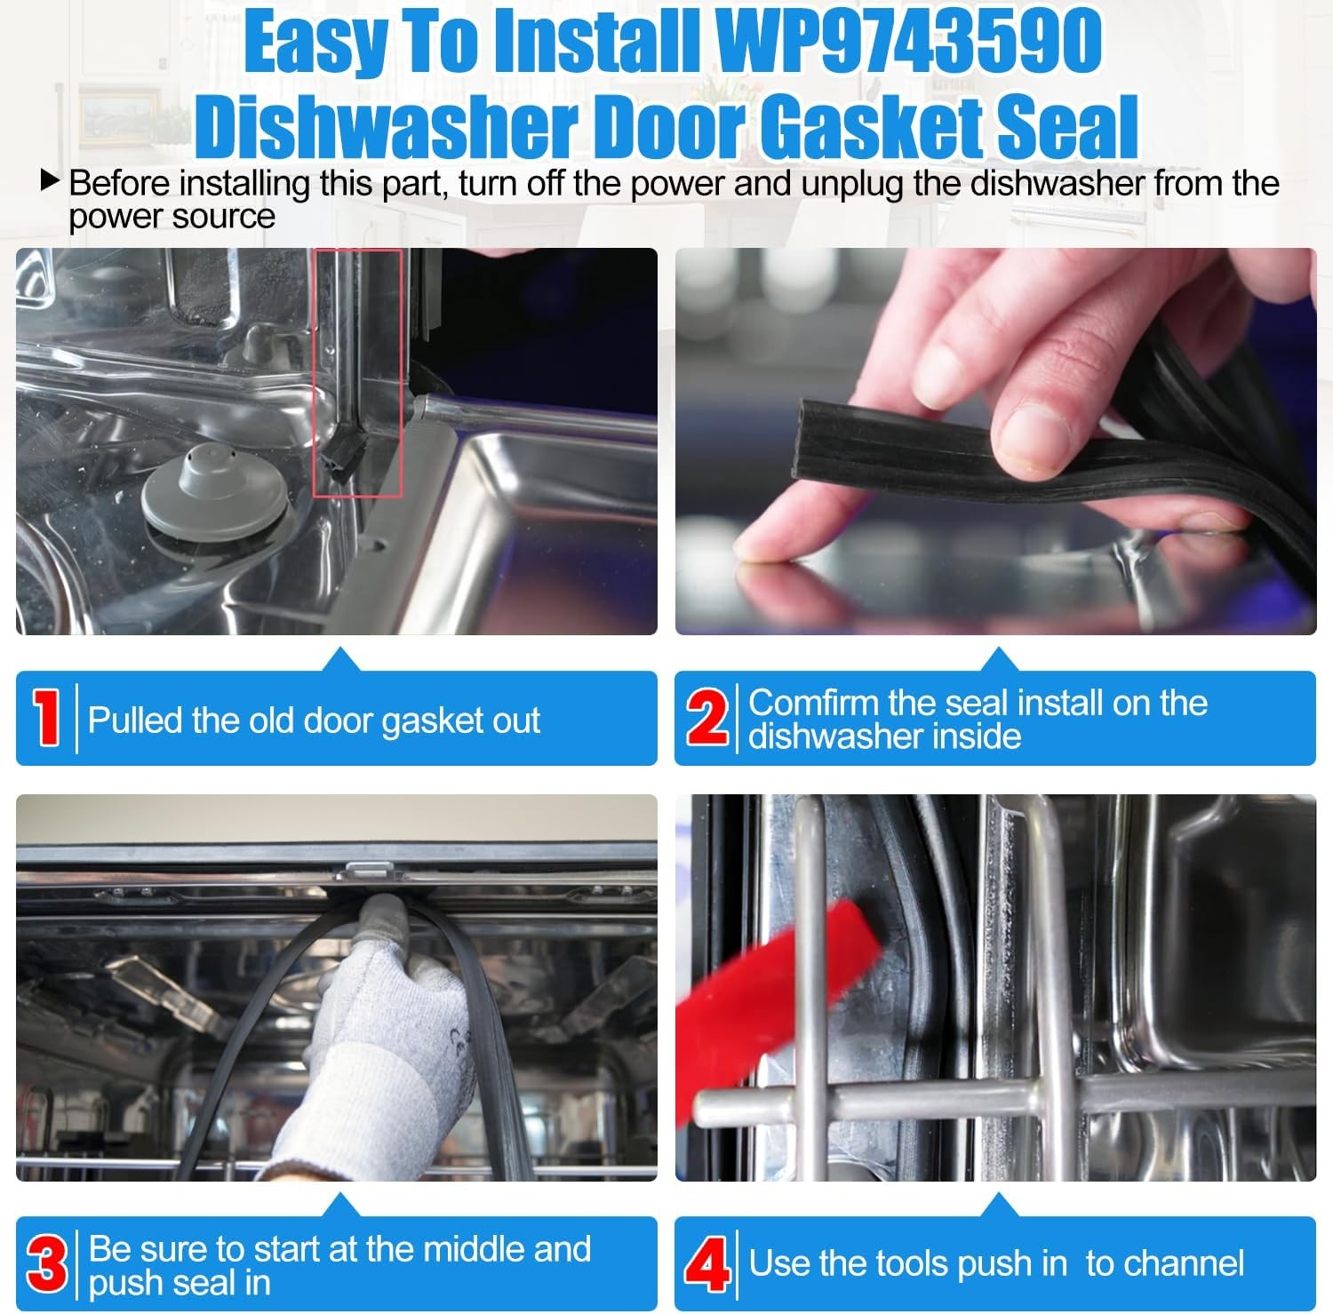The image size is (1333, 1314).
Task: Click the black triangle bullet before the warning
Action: [x=50, y=182]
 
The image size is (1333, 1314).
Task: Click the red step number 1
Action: [x=45, y=719]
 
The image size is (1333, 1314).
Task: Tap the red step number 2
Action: [x=706, y=719]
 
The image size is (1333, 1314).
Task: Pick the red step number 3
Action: [x=46, y=1264]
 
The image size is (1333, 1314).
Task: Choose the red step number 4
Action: [x=706, y=1264]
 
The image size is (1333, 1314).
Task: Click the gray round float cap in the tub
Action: [x=215, y=491]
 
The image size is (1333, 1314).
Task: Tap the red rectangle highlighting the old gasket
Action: [x=358, y=373]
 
